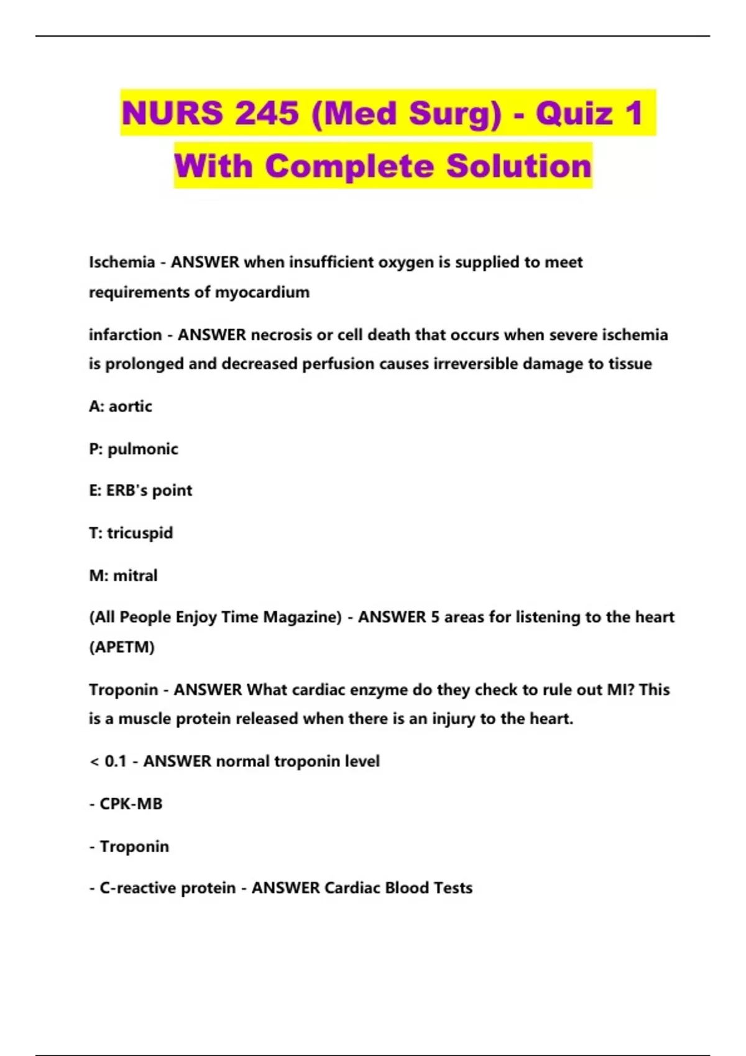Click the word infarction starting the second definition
click(125, 335)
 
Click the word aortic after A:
click(130, 406)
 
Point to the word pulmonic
click(142, 449)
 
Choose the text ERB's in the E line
click(126, 491)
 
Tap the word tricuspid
click(140, 533)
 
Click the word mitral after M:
click(135, 576)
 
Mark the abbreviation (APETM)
click(121, 647)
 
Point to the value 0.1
click(116, 762)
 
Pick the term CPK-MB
click(131, 804)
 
